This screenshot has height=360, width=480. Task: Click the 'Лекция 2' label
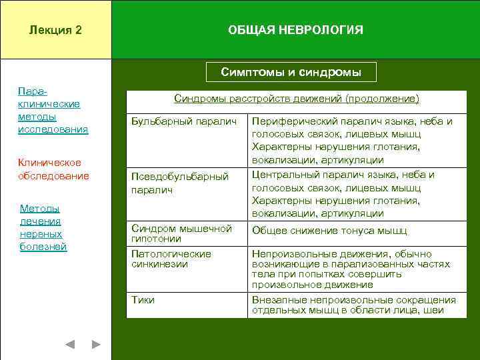coord(56,31)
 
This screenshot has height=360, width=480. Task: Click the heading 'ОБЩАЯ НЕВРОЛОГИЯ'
coord(295,31)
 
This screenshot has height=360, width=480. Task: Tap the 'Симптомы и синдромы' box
coord(291,72)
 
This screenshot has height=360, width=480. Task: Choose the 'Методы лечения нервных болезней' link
coord(43,227)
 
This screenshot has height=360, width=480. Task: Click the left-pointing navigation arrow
coord(70,345)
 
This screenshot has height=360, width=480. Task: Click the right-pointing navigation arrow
coord(96,345)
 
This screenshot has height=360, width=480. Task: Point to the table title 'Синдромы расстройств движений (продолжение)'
coord(297,99)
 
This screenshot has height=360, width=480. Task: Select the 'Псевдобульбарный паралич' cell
coord(180,183)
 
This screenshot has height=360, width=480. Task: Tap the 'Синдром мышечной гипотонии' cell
coord(181,233)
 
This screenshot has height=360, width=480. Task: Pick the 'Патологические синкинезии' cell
coord(171,259)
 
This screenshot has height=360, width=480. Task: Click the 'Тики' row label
coord(143,300)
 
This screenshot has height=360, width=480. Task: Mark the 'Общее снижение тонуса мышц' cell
coord(329,231)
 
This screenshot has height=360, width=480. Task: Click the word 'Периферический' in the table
coord(287,121)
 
